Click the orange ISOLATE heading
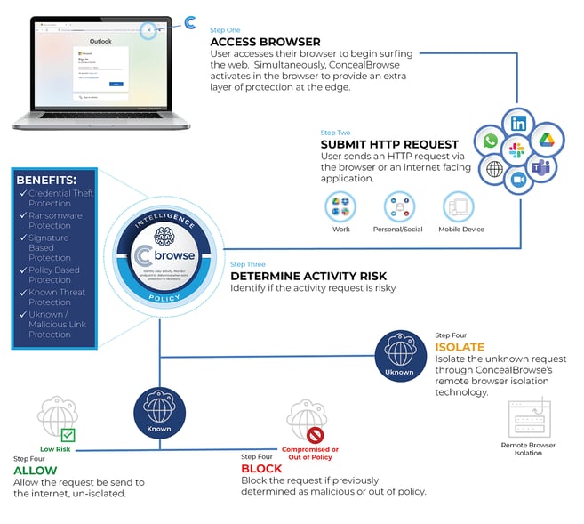pyautogui.click(x=459, y=346)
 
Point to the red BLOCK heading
pyautogui.click(x=262, y=469)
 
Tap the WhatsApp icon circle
pyautogui.click(x=487, y=141)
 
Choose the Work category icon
pyautogui.click(x=341, y=207)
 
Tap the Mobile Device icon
pyautogui.click(x=460, y=207)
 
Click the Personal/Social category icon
pyautogui.click(x=400, y=207)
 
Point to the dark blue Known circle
pyautogui.click(x=160, y=409)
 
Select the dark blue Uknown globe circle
pyautogui.click(x=399, y=352)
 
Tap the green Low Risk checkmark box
pyautogui.click(x=68, y=435)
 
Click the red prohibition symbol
pyautogui.click(x=316, y=435)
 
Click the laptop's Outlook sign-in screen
pyautogui.click(x=100, y=67)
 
